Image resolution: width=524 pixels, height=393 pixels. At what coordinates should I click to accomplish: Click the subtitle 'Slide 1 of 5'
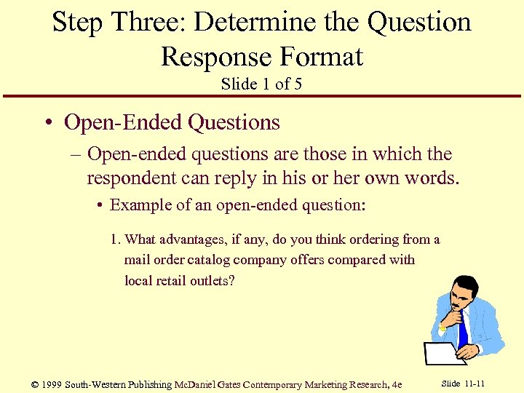[261, 84]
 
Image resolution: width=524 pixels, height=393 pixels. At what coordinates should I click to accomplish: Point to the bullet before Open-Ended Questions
[46, 123]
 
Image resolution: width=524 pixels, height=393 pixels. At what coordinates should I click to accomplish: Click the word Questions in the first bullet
[234, 122]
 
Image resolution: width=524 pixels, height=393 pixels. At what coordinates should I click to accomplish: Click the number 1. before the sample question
[116, 239]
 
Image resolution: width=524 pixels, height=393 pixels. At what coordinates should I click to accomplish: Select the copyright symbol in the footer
[34, 384]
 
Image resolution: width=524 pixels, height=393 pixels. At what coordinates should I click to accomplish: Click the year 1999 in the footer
[52, 384]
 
